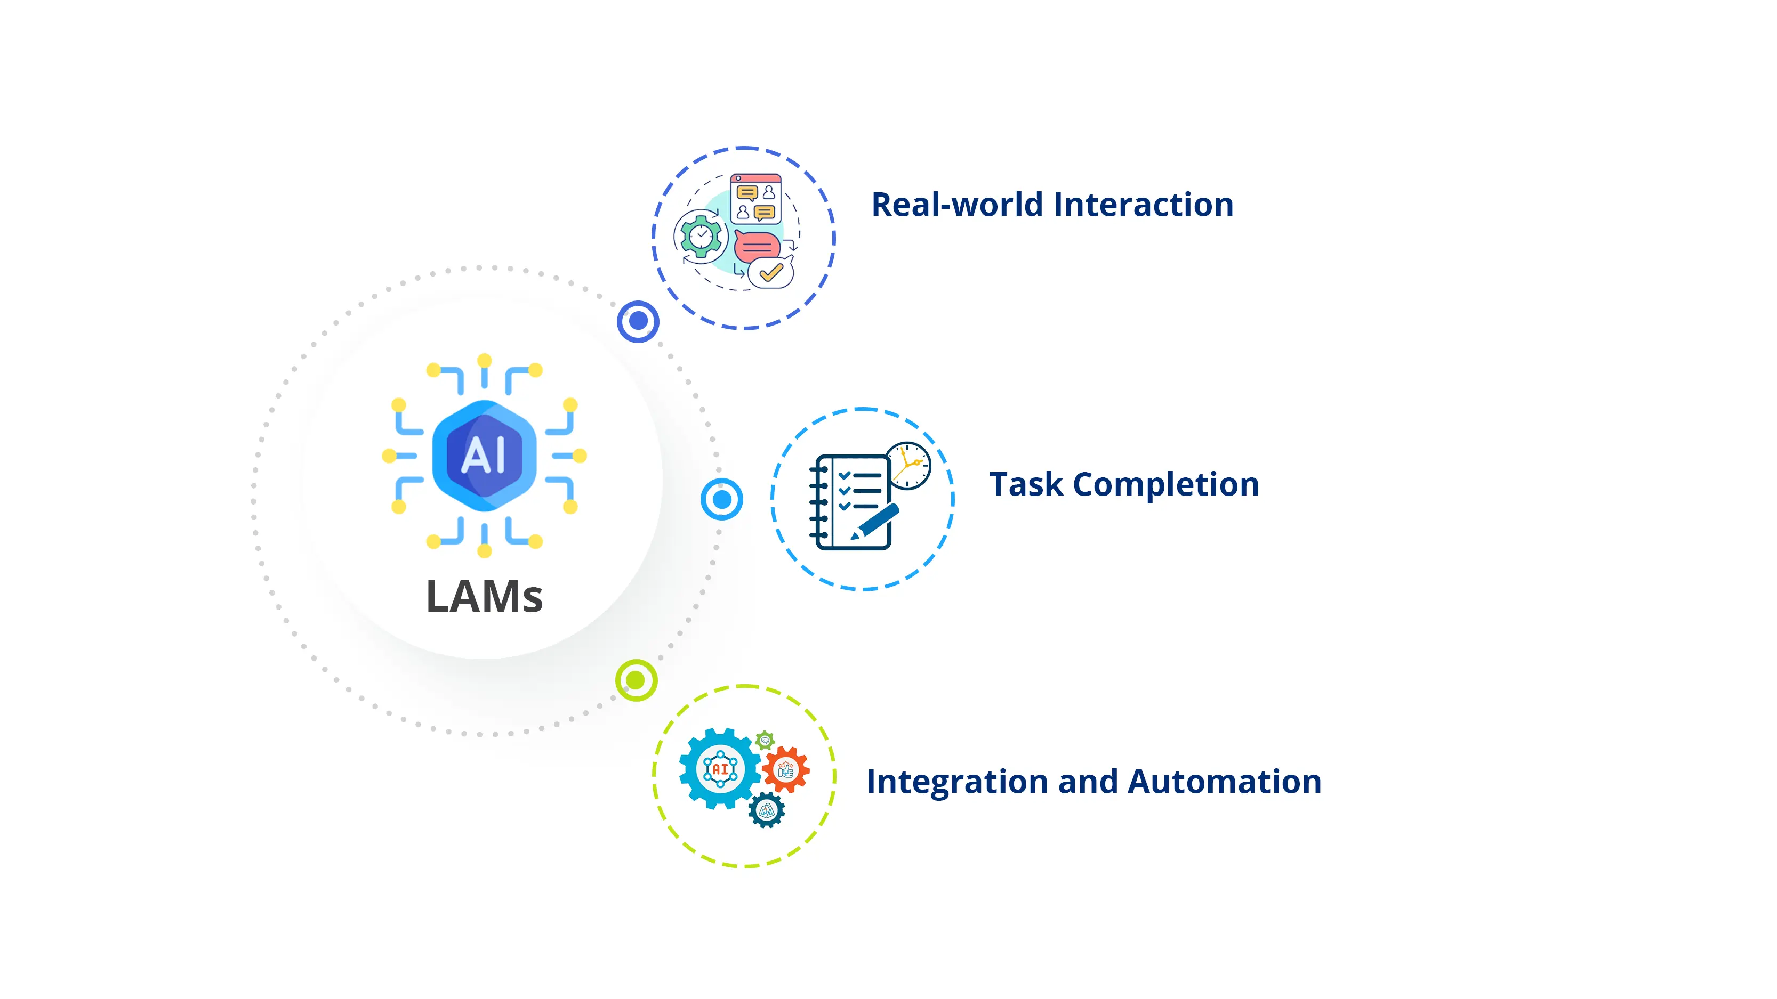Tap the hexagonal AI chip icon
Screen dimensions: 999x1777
[484, 455]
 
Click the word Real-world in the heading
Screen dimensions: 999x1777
[957, 205]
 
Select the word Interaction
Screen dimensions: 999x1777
[1143, 205]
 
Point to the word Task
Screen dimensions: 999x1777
[1026, 485]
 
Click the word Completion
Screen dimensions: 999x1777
[1166, 485]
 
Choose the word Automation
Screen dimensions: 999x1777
[1225, 782]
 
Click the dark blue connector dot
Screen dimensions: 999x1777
[638, 321]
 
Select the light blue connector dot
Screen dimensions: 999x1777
[721, 499]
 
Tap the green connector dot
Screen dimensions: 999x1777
[636, 680]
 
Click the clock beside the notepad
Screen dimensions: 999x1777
[908, 465]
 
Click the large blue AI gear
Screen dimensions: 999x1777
[720, 768]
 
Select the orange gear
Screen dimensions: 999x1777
[786, 769]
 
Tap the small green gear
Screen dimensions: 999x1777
[765, 741]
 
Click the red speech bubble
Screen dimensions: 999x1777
[757, 246]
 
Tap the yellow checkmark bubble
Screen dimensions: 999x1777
[770, 273]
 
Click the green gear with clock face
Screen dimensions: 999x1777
[701, 237]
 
